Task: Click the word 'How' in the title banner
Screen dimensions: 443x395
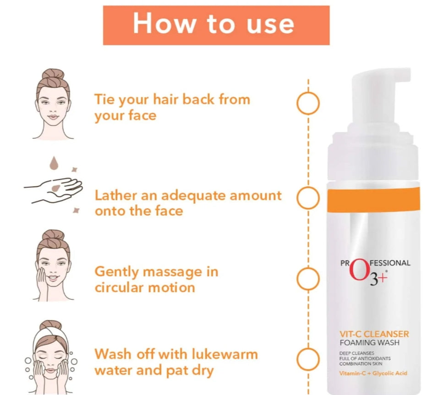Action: tap(164, 23)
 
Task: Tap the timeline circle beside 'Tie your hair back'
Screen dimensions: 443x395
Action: tap(297, 103)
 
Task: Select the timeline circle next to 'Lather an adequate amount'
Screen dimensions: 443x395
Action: tap(297, 198)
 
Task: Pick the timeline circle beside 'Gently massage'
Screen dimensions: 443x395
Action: tap(297, 279)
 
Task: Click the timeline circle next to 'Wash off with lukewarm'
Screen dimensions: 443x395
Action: tap(297, 359)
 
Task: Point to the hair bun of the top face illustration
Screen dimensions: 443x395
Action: tap(53, 76)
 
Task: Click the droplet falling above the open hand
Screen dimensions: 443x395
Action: tap(54, 163)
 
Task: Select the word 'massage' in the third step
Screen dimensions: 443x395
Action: tap(172, 272)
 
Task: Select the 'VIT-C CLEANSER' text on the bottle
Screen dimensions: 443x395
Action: tap(374, 334)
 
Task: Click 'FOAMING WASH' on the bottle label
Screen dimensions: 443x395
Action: tap(370, 343)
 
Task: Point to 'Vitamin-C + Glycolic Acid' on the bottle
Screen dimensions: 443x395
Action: tap(373, 373)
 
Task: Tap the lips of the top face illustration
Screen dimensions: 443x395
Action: tap(53, 117)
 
